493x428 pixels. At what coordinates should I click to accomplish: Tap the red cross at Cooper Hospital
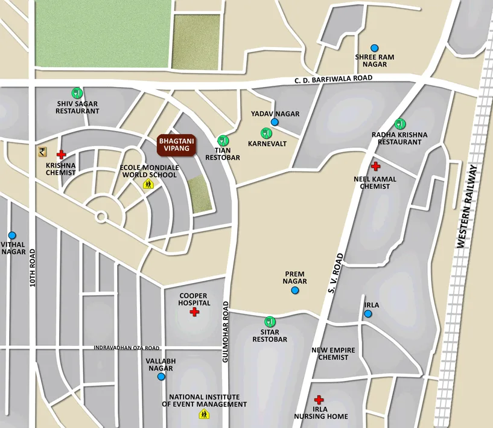point(194,312)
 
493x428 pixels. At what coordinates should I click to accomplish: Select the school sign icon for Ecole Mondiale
point(148,184)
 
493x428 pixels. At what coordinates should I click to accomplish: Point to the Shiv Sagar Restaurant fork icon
point(77,93)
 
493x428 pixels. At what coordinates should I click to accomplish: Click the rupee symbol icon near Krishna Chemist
point(42,152)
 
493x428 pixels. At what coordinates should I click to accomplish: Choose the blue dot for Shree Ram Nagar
point(375,48)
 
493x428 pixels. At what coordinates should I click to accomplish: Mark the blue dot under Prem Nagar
point(295,290)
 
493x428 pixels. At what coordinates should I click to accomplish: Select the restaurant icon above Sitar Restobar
point(269,322)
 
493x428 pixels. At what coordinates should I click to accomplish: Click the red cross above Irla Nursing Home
point(319,400)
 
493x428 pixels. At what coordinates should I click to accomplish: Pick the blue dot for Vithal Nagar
point(12,235)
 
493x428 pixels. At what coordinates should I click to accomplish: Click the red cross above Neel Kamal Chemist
point(375,166)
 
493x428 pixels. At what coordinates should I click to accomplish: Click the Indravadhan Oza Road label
point(127,348)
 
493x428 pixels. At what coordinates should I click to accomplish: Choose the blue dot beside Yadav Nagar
point(275,122)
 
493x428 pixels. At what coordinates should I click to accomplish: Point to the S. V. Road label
point(336,273)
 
